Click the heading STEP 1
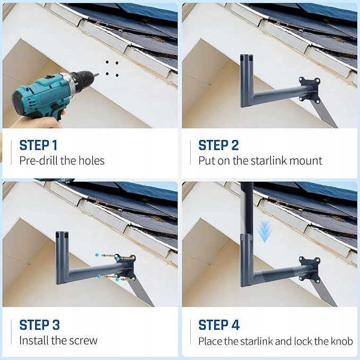pyautogui.click(x=38, y=145)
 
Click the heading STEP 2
pyautogui.click(x=218, y=145)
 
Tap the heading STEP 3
pyautogui.click(x=39, y=325)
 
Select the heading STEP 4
pyautogui.click(x=219, y=325)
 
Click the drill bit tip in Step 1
pyautogui.click(x=98, y=74)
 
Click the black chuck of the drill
pyautogui.click(x=82, y=80)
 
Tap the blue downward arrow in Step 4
pyautogui.click(x=264, y=231)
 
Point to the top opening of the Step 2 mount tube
pyautogui.click(x=247, y=57)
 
